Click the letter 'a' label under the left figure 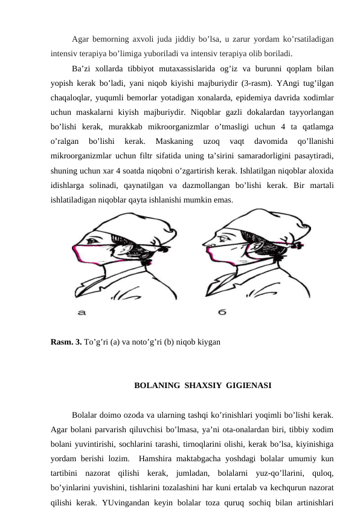82,313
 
